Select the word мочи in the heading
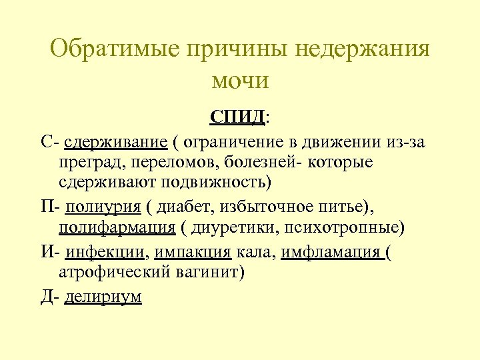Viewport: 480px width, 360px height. click(240, 81)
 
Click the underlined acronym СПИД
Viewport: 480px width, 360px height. click(237, 117)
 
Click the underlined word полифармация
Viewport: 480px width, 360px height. click(117, 227)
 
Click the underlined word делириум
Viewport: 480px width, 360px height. click(103, 296)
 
